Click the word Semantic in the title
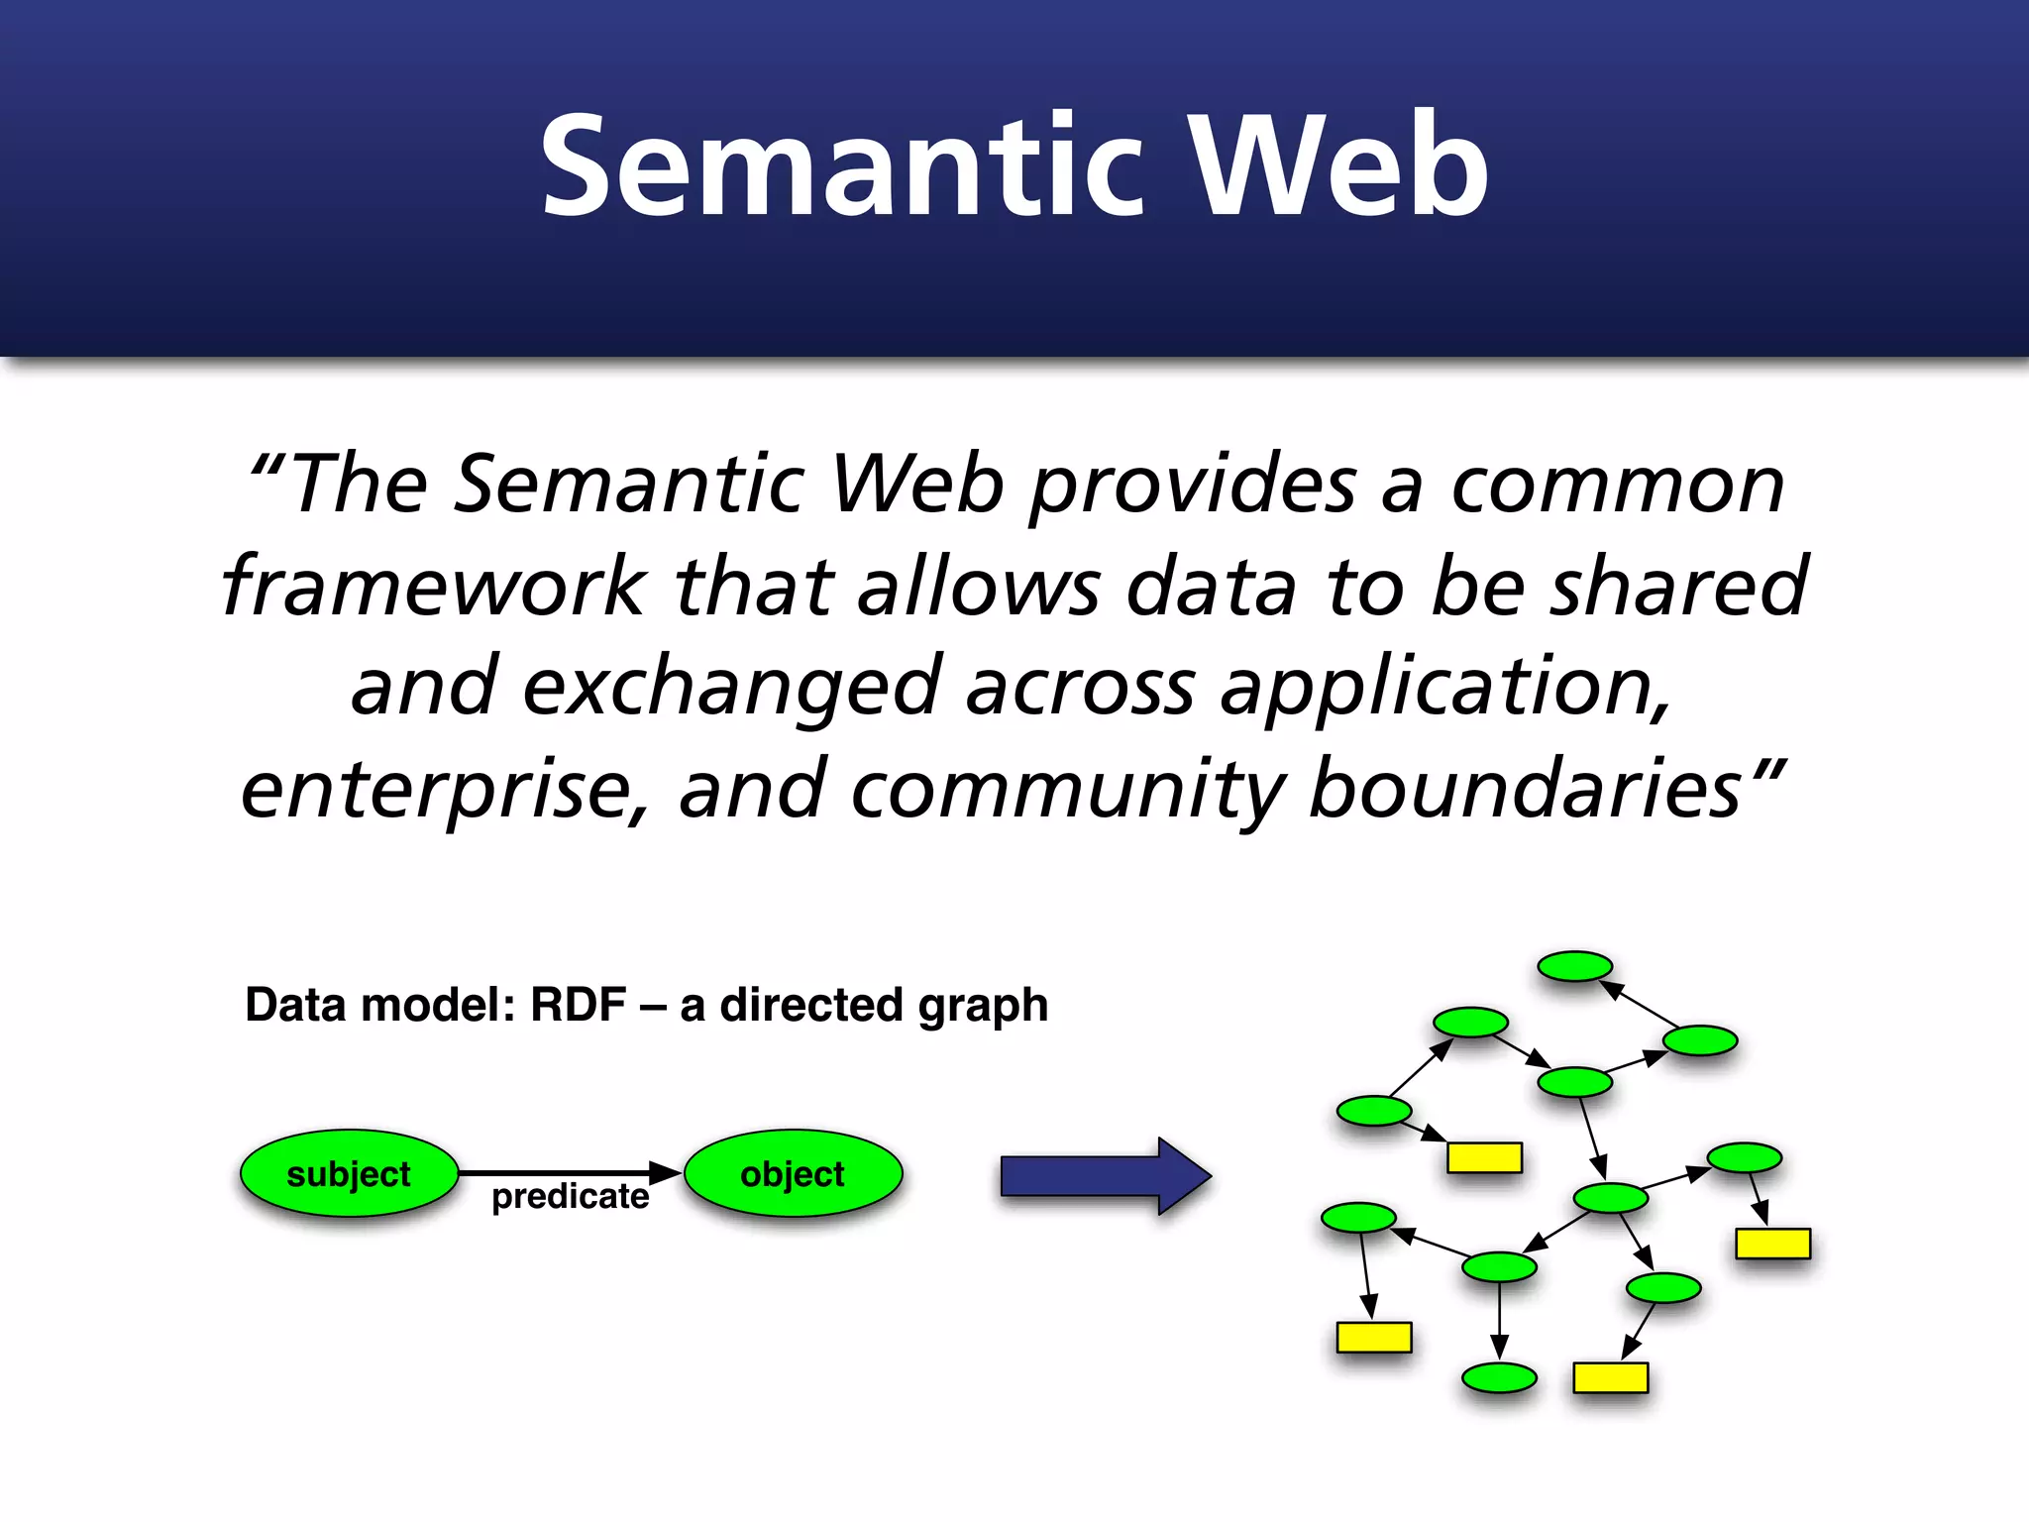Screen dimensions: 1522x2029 [x=842, y=166]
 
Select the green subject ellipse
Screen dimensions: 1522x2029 [x=349, y=1173]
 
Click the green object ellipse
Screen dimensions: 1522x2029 [x=793, y=1173]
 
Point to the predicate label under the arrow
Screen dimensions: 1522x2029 [x=570, y=1197]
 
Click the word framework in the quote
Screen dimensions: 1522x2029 [x=434, y=587]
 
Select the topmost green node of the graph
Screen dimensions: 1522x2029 [x=1574, y=966]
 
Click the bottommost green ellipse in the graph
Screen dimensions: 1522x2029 [x=1499, y=1378]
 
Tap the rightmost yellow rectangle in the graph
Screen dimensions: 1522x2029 [x=1772, y=1244]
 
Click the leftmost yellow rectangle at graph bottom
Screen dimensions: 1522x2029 [x=1373, y=1337]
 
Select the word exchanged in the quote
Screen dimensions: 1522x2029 [x=731, y=688]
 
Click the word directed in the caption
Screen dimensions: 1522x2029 [x=810, y=1005]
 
